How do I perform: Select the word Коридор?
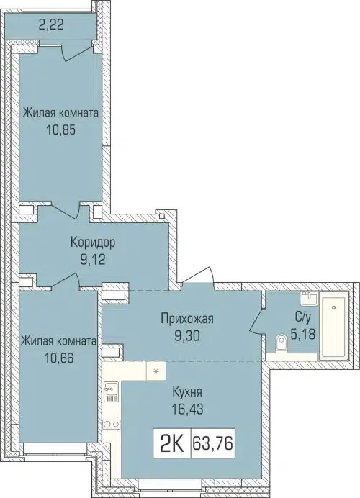click(94, 243)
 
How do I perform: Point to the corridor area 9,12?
click(94, 261)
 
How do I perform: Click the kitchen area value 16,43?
click(186, 411)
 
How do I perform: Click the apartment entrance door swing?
click(198, 277)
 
